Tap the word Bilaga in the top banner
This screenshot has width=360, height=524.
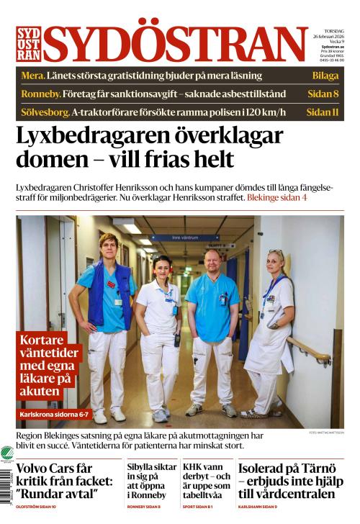coord(325,76)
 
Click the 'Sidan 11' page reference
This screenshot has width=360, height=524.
coord(323,112)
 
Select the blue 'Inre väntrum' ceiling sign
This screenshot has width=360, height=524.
coord(184,237)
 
